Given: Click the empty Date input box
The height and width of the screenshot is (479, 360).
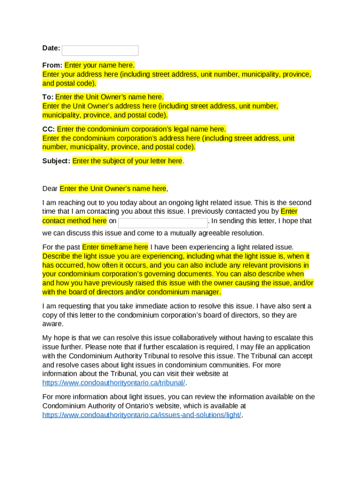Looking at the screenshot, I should [x=100, y=51].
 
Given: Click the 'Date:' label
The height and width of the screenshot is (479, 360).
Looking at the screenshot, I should [x=51, y=48].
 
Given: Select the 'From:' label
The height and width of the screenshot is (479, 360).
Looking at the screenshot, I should [x=52, y=65].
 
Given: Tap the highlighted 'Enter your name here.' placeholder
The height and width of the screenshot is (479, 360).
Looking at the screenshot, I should [x=100, y=65].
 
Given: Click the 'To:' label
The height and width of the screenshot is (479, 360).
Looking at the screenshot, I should [x=48, y=97].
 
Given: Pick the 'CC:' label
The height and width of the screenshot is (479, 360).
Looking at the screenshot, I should [x=49, y=129].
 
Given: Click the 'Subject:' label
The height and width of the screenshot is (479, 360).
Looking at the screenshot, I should [x=56, y=161].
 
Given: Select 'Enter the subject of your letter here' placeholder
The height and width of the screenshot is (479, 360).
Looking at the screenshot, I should [x=127, y=161].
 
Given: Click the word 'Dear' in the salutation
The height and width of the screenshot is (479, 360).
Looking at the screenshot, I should [x=50, y=189].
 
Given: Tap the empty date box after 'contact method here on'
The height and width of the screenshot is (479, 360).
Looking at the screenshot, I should [x=163, y=223].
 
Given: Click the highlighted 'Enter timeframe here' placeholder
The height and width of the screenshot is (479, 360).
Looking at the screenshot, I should [x=115, y=247].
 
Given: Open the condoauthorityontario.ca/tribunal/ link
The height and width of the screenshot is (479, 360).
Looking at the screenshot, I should [x=114, y=383].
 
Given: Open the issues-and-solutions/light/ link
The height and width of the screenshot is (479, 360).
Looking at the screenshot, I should [x=142, y=415].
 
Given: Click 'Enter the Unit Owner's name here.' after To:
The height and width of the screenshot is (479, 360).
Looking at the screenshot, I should [x=109, y=97].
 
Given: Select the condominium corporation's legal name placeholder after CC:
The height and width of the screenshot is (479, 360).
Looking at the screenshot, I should [x=141, y=129].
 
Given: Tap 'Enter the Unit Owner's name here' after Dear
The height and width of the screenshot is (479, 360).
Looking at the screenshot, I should [x=113, y=189].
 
